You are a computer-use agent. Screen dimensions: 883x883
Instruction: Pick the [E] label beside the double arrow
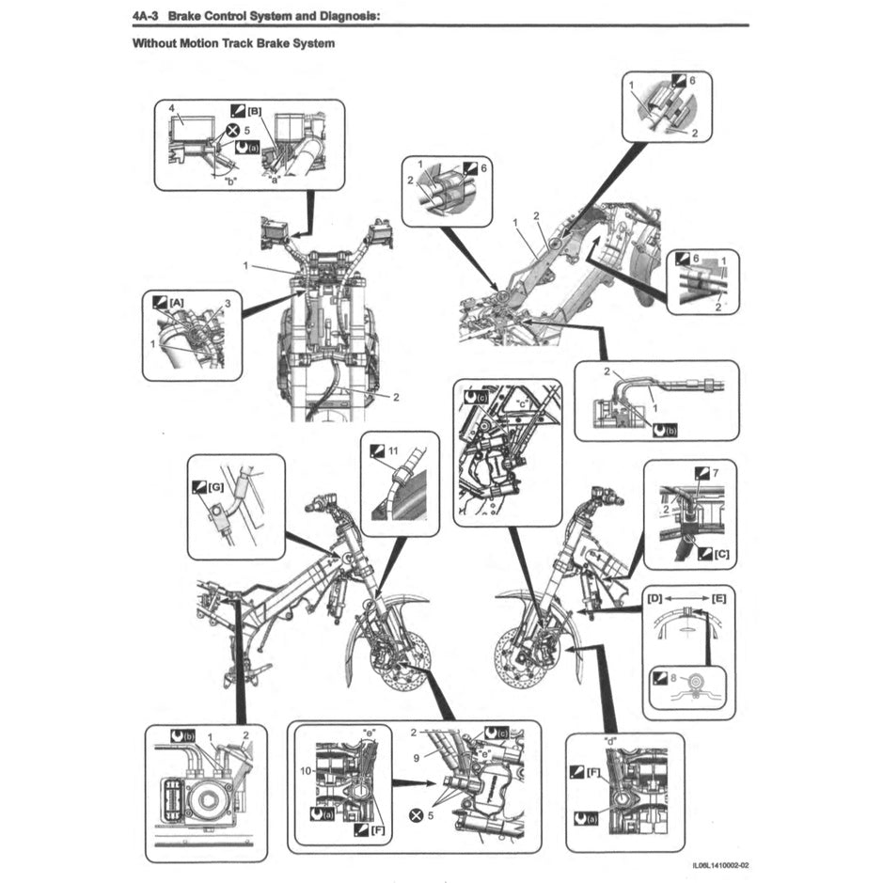[720, 598]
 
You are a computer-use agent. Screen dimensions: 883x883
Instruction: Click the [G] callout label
[215, 487]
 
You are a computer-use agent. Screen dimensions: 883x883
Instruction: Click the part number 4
[172, 109]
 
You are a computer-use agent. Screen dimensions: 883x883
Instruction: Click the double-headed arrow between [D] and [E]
[688, 598]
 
